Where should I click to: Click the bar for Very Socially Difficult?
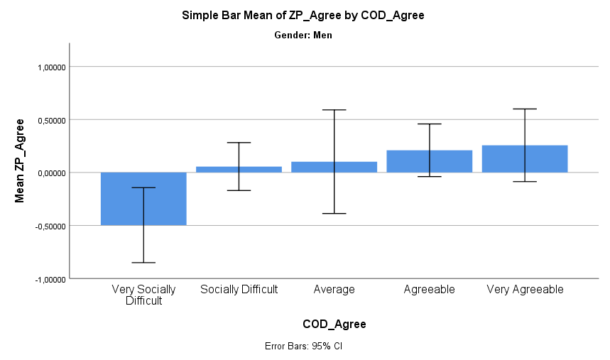[143, 199]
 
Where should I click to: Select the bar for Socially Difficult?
[239, 169]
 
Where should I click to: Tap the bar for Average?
[334, 167]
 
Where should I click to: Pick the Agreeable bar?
[429, 161]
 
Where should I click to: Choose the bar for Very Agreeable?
[524, 159]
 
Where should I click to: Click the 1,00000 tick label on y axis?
[50, 67]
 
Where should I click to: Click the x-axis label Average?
[334, 290]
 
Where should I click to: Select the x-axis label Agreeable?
[429, 290]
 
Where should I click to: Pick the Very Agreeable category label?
[524, 290]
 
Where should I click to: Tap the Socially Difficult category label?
[239, 290]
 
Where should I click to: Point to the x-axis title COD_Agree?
[334, 324]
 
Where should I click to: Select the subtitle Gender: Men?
[303, 35]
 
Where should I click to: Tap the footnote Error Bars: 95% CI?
[303, 347]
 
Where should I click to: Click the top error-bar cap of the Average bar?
[334, 110]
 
